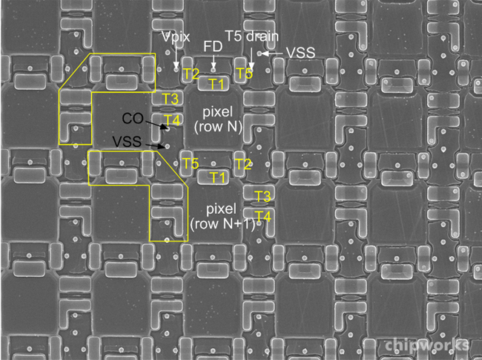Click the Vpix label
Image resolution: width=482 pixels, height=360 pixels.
click(x=176, y=36)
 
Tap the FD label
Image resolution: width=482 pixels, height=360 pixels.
click(x=213, y=47)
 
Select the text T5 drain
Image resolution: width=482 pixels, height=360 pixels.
click(x=252, y=36)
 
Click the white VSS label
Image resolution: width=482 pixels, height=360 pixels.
click(x=300, y=53)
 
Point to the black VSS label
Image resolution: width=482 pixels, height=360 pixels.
click(x=127, y=142)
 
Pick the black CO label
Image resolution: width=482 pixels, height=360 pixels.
click(x=133, y=118)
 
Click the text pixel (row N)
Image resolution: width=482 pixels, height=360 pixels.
click(x=218, y=119)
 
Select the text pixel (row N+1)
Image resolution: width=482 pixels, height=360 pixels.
click(x=222, y=217)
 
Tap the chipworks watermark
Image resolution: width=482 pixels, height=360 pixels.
click(x=427, y=345)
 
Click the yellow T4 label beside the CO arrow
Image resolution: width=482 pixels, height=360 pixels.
click(x=172, y=120)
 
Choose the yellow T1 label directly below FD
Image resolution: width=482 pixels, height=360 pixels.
click(x=217, y=84)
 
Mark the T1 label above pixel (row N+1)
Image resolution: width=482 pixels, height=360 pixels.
click(x=217, y=177)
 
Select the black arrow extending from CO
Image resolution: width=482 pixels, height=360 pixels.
click(x=156, y=124)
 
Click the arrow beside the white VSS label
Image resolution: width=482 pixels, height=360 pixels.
click(x=271, y=53)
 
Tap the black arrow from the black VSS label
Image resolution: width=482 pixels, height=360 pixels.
click(x=155, y=145)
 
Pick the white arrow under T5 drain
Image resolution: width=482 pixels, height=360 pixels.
click(x=251, y=58)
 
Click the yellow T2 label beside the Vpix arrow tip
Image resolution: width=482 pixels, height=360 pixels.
click(x=191, y=73)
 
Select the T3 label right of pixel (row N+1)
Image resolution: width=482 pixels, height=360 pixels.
click(x=263, y=196)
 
